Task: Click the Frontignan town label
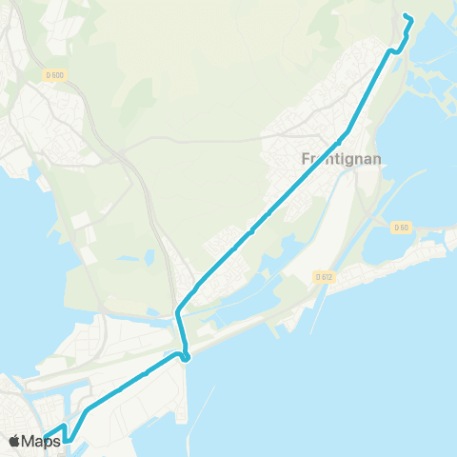pos(342,161)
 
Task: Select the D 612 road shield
pos(325,276)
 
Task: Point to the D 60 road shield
pos(400,227)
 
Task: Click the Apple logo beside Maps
pos(15,441)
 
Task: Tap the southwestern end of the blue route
pos(46,438)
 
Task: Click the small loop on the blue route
pos(186,357)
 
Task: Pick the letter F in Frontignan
pos(305,161)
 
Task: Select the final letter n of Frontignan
pos(377,161)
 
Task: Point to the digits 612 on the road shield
pos(328,276)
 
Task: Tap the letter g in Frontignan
pos(349,163)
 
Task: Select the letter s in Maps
pos(56,441)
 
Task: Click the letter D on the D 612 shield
pos(318,276)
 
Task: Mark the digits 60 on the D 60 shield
pos(404,227)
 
